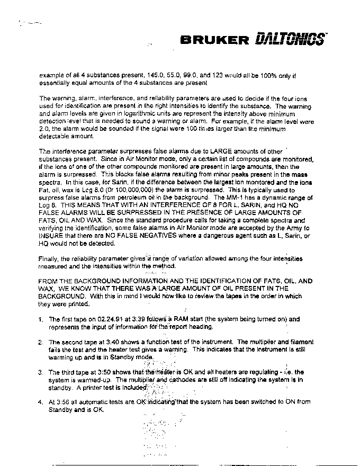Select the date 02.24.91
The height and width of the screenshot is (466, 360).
coord(113,319)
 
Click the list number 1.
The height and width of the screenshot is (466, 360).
coord(41,319)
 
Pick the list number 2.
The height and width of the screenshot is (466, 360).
coord(41,342)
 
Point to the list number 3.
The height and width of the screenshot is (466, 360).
coord(41,372)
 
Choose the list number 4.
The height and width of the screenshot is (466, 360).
coord(41,402)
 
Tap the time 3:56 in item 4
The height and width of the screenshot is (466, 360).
coord(63,402)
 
